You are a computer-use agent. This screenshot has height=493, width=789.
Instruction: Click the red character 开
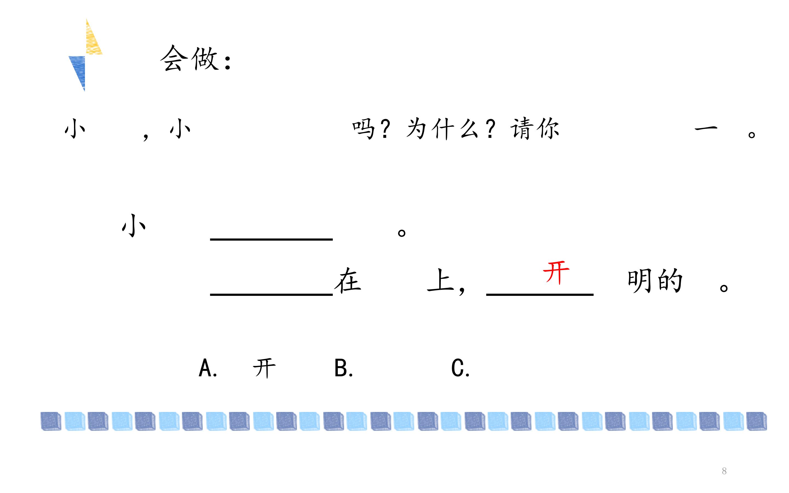tap(556, 273)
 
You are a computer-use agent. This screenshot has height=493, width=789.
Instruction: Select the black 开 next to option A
tap(264, 368)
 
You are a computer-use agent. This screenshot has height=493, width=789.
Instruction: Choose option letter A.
tap(208, 368)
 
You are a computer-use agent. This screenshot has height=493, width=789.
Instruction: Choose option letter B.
tap(344, 368)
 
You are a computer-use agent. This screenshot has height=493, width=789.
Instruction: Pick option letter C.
tap(460, 368)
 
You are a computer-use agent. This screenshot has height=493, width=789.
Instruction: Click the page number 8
tap(724, 471)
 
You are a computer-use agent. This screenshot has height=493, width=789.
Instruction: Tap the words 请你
tap(535, 129)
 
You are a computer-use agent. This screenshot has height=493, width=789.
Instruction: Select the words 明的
tap(655, 280)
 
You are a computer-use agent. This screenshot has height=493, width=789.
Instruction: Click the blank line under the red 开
tap(540, 294)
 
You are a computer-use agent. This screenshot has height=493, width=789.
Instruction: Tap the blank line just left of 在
tap(271, 294)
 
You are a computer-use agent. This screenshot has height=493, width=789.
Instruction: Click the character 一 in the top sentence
tap(706, 129)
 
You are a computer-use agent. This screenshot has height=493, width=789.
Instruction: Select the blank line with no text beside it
tap(271, 239)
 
